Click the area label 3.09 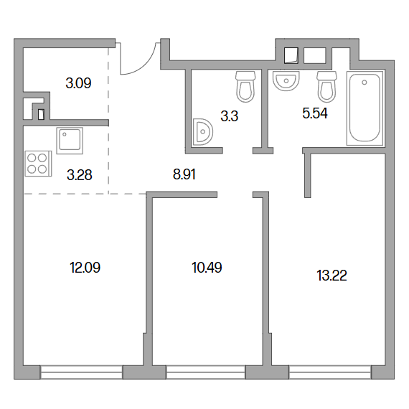tap(78, 83)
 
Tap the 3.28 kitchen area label tap(80, 175)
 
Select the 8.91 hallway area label tap(184, 174)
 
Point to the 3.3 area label tap(230, 116)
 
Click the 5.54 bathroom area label tap(315, 113)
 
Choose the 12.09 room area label tap(85, 268)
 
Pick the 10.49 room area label tap(207, 268)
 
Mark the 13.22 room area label tap(332, 276)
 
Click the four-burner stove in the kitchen tap(38, 164)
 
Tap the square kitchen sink tap(70, 141)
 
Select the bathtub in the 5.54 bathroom tap(365, 108)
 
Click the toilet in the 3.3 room tap(245, 87)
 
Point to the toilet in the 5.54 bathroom tap(326, 87)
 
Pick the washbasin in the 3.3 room tap(202, 132)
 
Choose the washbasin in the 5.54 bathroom tap(286, 81)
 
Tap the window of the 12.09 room tap(81, 372)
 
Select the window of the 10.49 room tap(206, 372)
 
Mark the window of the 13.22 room tap(329, 372)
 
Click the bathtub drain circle tap(365, 83)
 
